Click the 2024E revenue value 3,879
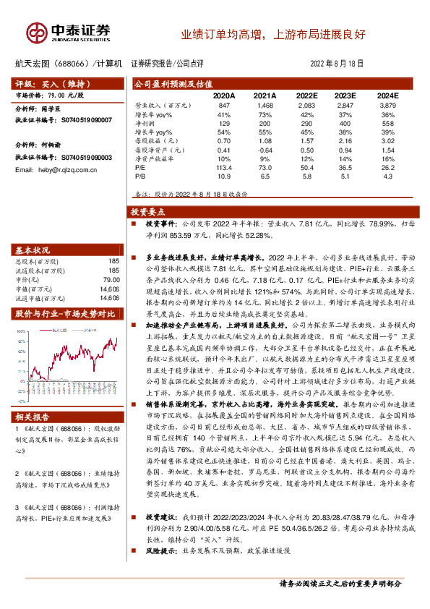(x=387, y=106)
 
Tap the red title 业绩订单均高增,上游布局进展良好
(x=273, y=34)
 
